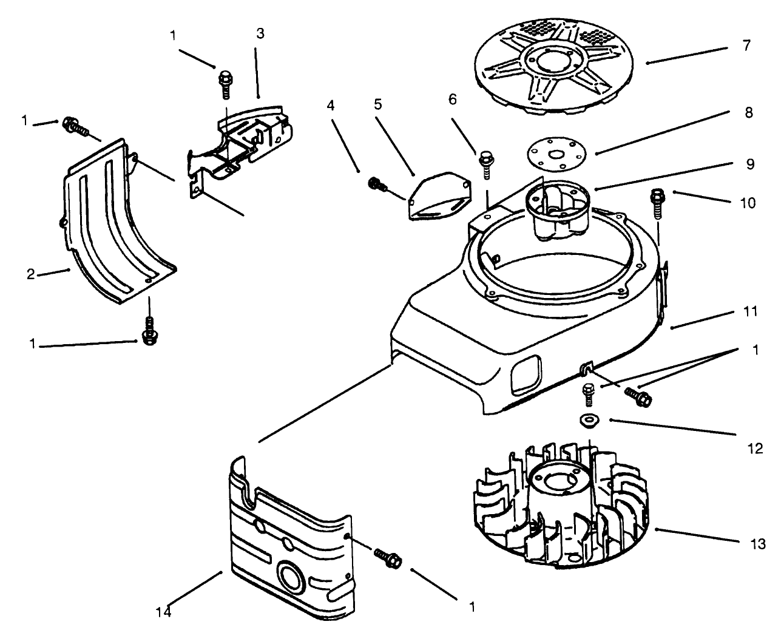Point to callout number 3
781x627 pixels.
tap(260, 34)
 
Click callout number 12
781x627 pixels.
tap(756, 449)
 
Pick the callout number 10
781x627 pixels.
tap(748, 203)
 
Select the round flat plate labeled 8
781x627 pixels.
tap(556, 152)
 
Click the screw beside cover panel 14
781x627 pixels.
tap(386, 557)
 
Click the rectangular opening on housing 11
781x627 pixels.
tap(524, 373)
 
